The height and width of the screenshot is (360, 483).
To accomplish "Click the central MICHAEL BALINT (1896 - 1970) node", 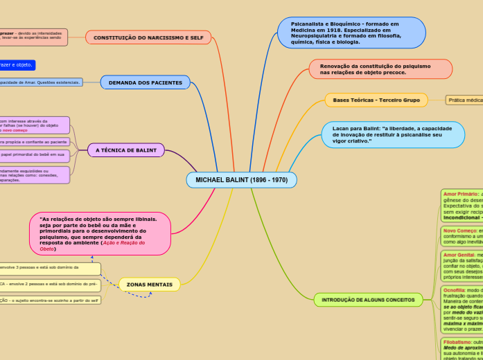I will coord(241,180).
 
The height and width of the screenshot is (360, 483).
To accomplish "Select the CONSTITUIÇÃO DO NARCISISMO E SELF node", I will coord(148,37).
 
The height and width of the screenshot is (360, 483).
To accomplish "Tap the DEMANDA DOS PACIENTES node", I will coord(145,82).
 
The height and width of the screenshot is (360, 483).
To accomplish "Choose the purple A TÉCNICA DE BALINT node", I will coord(126,150).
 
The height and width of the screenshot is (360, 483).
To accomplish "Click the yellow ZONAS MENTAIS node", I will coord(149,285).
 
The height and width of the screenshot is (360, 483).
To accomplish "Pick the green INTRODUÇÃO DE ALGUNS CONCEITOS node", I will coord(368,300).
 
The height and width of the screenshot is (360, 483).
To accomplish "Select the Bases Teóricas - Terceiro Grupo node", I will coord(376,100).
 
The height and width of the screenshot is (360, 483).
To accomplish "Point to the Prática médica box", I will coord(464,100).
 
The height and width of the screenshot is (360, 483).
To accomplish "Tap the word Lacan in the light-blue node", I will coord(341,128).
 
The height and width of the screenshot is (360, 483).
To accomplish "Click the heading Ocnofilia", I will coord(455,290).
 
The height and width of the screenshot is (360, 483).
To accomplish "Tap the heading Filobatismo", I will coord(457,342).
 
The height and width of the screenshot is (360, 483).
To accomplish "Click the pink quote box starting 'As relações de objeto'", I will coord(100,233).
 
